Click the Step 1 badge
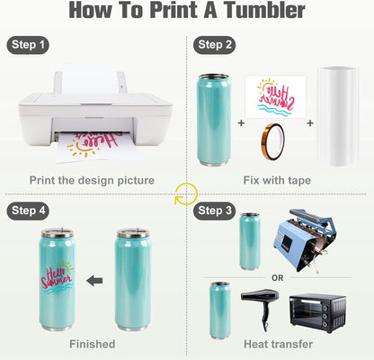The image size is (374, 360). (x=29, y=44)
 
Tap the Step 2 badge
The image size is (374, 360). (x=217, y=44)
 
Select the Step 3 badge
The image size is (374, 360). (x=217, y=210)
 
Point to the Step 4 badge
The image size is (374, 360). (x=29, y=210)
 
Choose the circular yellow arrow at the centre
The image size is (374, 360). (x=186, y=193)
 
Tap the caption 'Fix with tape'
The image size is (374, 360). (x=276, y=180)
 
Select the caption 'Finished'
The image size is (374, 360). (x=93, y=345)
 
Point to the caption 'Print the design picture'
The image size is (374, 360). (x=93, y=180)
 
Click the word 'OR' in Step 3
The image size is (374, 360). (x=277, y=277)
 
